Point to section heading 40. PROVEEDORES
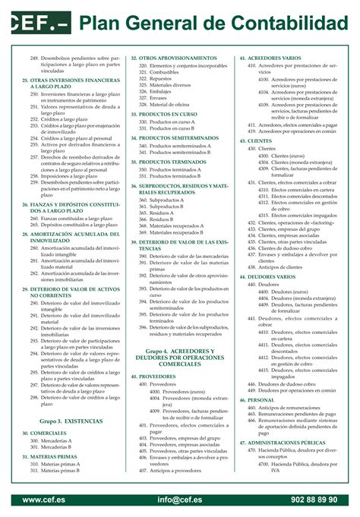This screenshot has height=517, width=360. (x=157, y=376)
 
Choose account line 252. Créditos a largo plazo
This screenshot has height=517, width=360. (x=71, y=119)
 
